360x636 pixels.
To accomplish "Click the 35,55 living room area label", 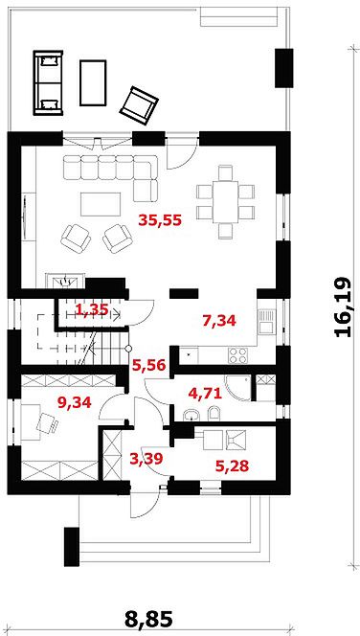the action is click(160, 220).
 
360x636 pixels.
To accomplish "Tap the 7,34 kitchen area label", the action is click(219, 321).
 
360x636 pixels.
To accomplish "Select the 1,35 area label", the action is click(92, 310).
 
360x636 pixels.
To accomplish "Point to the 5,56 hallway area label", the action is click(148, 366).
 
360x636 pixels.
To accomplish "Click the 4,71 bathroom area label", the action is click(205, 393).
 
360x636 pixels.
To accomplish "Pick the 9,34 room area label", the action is click(74, 402).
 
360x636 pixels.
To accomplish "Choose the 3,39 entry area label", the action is click(146, 459).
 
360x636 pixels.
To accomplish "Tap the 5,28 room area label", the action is click(231, 466).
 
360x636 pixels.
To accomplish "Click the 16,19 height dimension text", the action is click(343, 307).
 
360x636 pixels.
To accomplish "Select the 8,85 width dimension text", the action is click(148, 619).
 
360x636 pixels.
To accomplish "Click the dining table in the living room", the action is click(225, 202).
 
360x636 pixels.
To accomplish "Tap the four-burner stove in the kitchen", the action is click(238, 355).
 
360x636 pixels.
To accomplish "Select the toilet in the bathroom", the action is click(214, 414).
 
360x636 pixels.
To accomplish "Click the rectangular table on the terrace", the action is click(93, 82).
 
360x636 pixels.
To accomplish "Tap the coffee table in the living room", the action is click(101, 204).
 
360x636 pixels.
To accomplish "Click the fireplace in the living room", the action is click(65, 281).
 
